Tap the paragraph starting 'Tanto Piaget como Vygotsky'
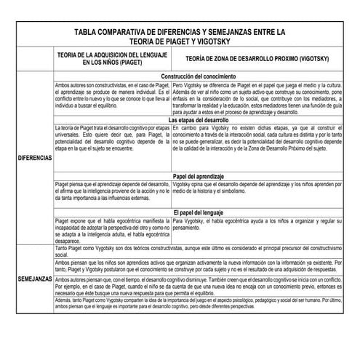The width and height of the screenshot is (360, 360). (205, 252)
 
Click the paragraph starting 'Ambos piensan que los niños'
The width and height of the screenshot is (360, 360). (205, 268)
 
